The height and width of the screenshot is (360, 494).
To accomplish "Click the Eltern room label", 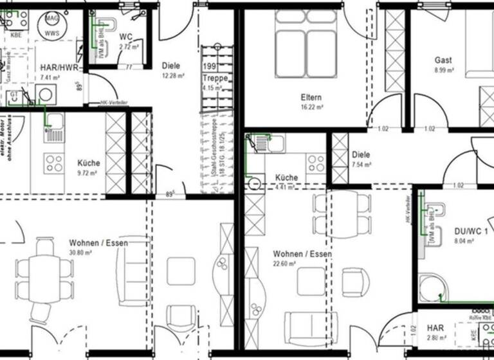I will [x=311, y=98].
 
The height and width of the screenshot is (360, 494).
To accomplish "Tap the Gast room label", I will [x=443, y=60].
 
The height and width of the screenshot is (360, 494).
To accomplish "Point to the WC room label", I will [x=125, y=37].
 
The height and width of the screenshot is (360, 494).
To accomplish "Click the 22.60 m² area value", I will [x=284, y=264].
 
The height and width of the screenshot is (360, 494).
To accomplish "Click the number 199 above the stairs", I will [x=209, y=66].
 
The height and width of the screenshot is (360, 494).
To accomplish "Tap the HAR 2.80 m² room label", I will [x=435, y=328].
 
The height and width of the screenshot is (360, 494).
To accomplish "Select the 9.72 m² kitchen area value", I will [x=87, y=173].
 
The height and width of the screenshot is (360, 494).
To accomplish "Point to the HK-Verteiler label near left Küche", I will [x=114, y=103].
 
